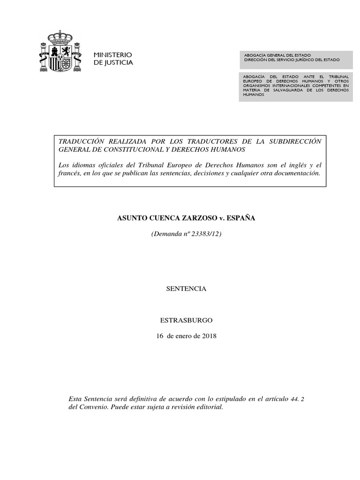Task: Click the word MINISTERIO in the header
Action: click(x=113, y=55)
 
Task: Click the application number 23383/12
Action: click(x=205, y=233)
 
